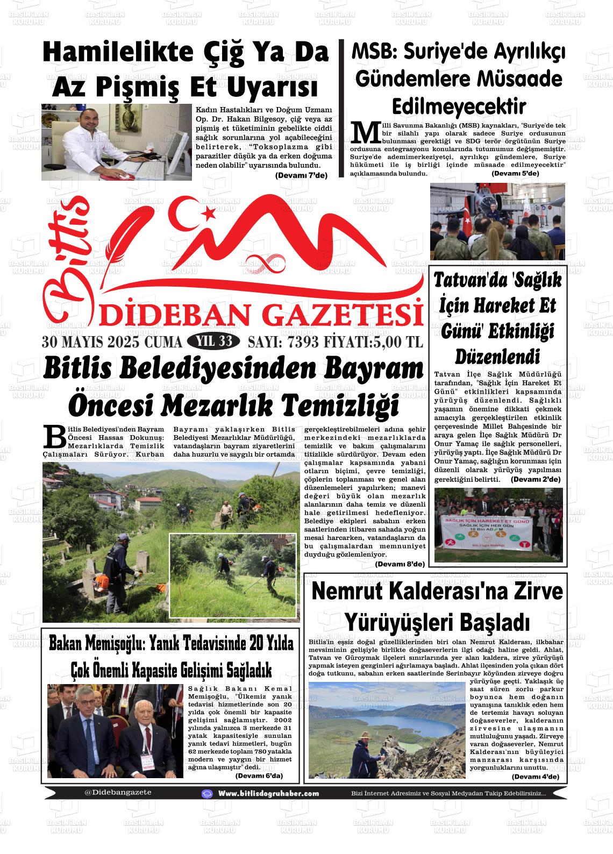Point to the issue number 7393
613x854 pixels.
pyautogui.click(x=303, y=343)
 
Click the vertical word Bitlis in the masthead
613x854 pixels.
pyautogui.click(x=66, y=258)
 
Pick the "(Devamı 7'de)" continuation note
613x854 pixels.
pyautogui.click(x=301, y=175)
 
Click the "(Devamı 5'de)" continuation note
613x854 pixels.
pyautogui.click(x=515, y=173)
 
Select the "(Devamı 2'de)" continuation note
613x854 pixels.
pyautogui.click(x=536, y=479)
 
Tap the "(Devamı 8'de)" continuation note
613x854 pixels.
pyautogui.click(x=400, y=564)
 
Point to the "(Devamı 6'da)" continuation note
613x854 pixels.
pyautogui.click(x=259, y=776)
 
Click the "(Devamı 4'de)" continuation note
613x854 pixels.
pyautogui.click(x=536, y=777)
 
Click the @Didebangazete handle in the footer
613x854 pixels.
pyautogui.click(x=118, y=792)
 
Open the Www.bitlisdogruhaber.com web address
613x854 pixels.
pyautogui.click(x=268, y=793)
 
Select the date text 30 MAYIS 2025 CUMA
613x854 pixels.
pyautogui.click(x=112, y=343)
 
